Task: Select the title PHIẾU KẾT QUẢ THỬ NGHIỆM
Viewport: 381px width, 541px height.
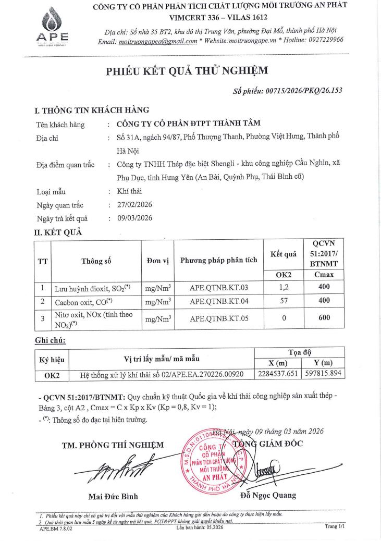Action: click(x=190, y=71)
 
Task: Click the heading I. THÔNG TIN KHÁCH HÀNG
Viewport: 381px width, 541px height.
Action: click(x=92, y=110)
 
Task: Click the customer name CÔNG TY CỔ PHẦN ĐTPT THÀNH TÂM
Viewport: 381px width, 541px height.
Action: click(x=188, y=124)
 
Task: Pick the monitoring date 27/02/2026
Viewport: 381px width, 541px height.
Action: click(x=135, y=205)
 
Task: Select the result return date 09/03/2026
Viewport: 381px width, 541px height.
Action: click(x=135, y=218)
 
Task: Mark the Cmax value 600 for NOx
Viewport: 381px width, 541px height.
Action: click(x=324, y=318)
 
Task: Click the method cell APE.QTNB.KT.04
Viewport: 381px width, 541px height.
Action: click(x=218, y=301)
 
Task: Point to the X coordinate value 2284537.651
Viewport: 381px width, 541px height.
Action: click(x=280, y=374)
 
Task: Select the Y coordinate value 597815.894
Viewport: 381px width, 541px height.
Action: click(x=324, y=374)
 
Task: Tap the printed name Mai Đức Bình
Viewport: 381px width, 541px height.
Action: click(x=113, y=496)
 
